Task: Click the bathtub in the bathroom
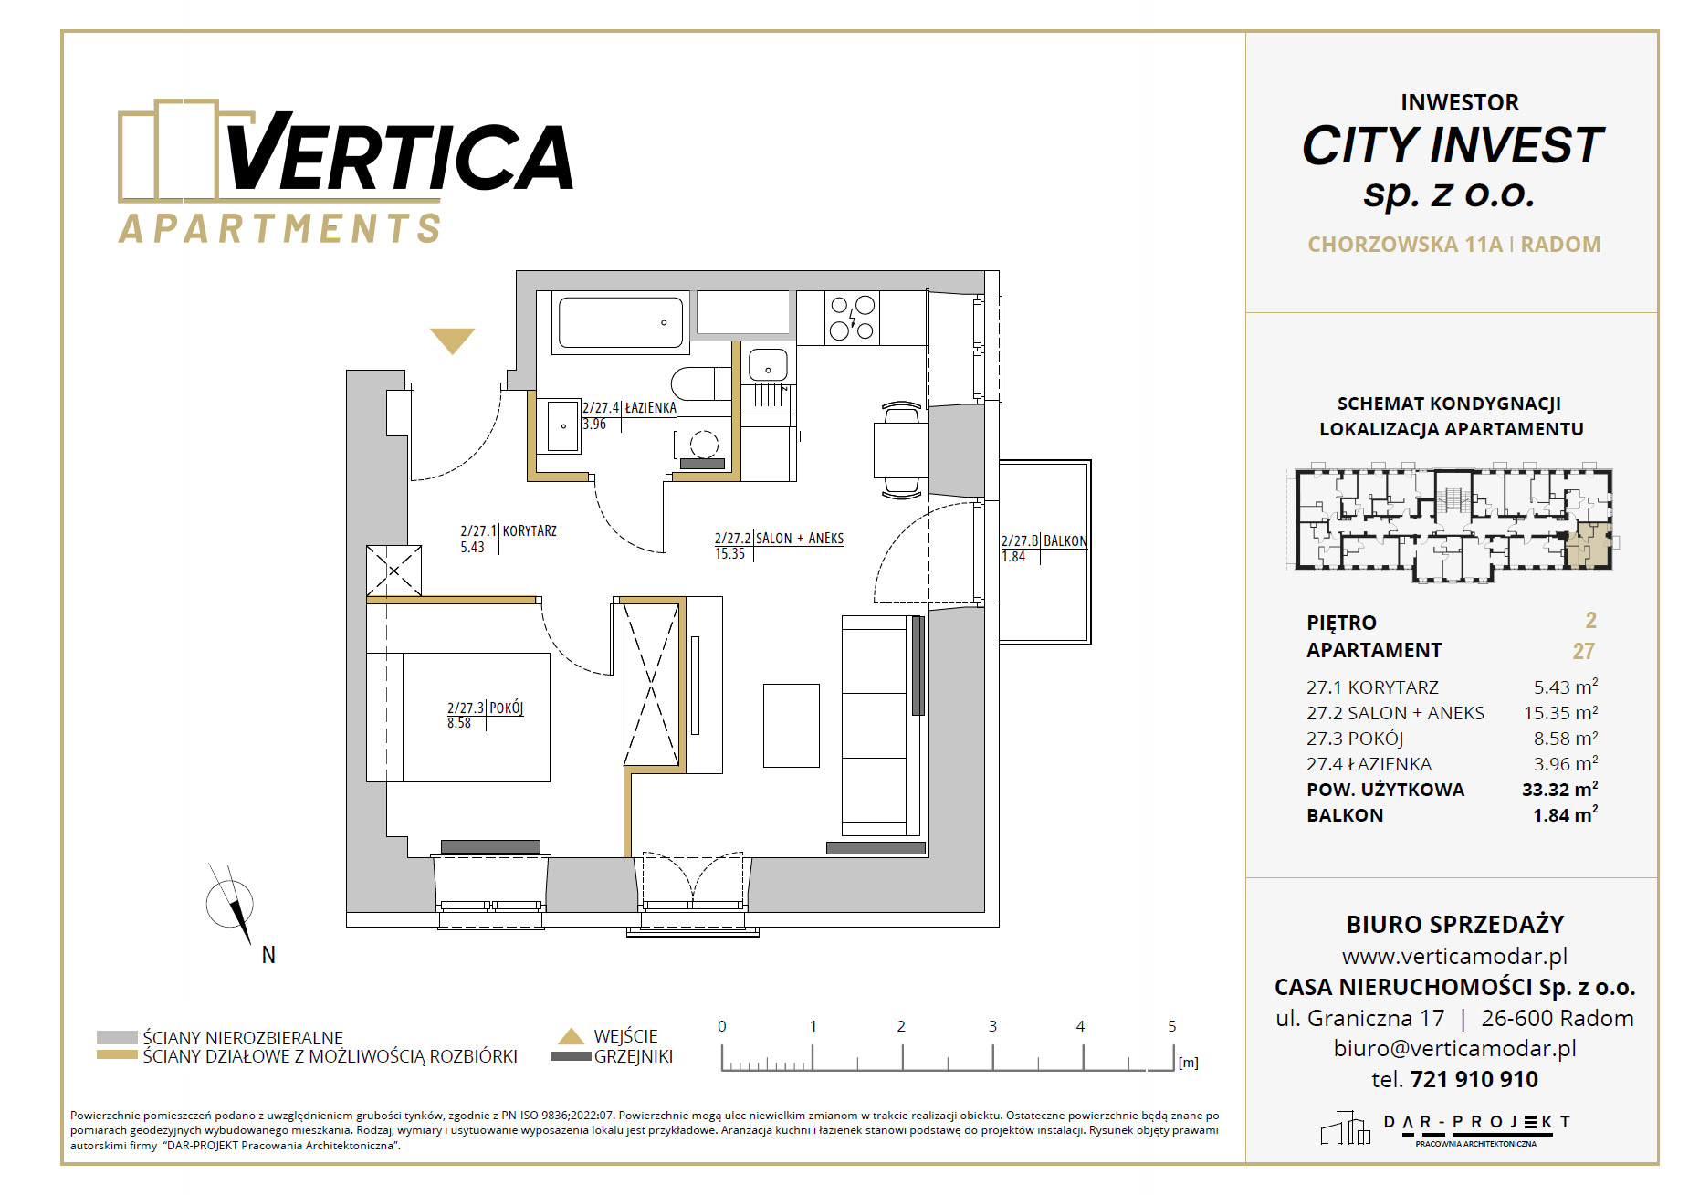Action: (x=621, y=322)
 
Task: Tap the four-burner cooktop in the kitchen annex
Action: (x=853, y=318)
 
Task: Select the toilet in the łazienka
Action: (x=701, y=383)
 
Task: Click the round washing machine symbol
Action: (x=704, y=445)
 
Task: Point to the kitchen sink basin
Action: (x=768, y=365)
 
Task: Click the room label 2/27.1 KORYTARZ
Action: (x=509, y=539)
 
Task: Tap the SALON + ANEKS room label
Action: (x=779, y=546)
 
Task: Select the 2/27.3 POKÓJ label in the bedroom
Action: (x=485, y=715)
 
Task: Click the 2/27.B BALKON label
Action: (x=1044, y=549)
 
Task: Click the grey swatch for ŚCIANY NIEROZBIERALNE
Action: (x=117, y=1037)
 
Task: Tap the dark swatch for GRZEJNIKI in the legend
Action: (x=571, y=1056)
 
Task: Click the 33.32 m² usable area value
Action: (x=1559, y=789)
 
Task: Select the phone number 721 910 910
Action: (x=1474, y=1079)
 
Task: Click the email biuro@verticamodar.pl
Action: (x=1454, y=1049)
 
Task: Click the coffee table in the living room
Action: (x=791, y=726)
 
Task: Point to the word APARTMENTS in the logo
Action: (x=280, y=228)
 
